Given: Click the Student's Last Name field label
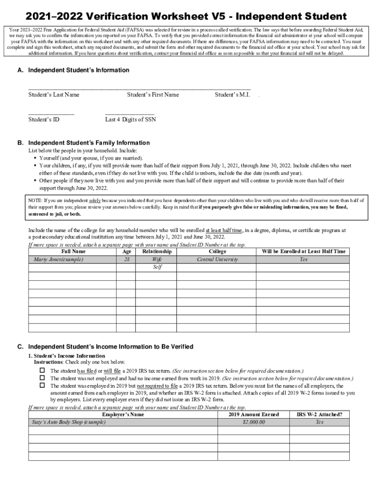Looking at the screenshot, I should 53,95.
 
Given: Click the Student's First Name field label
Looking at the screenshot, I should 153,95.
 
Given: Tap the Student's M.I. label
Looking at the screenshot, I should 232,95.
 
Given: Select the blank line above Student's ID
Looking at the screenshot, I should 51,114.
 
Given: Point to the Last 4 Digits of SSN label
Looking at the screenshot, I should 130,119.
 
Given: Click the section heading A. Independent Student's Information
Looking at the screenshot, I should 73,70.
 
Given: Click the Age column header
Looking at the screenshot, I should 127,251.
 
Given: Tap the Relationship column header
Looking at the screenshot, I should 157,251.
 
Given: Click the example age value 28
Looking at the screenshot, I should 127,260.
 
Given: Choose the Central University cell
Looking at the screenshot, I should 217,260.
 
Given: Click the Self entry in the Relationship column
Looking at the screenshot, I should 157,267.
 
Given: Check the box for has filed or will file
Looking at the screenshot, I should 42,370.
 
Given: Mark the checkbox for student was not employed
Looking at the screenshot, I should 42,378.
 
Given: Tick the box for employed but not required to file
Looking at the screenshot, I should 42,386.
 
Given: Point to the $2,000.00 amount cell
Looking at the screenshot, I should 253,422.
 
